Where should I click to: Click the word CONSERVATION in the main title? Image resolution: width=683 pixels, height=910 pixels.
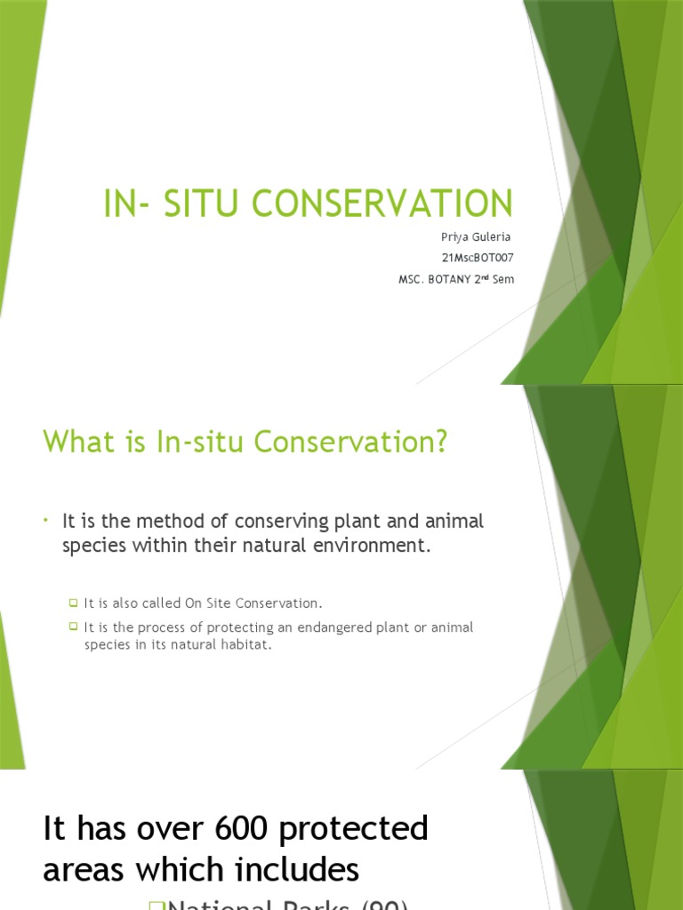pyautogui.click(x=382, y=204)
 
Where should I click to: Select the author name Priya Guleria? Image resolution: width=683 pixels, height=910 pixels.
pyautogui.click(x=477, y=237)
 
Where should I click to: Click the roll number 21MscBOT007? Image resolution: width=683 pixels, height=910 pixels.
pyautogui.click(x=478, y=258)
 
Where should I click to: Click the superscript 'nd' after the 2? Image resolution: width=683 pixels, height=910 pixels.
pyautogui.click(x=486, y=276)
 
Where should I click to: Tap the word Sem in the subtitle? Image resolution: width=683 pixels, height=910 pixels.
pyautogui.click(x=502, y=279)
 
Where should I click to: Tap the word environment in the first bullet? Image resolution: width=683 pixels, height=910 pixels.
pyautogui.click(x=374, y=546)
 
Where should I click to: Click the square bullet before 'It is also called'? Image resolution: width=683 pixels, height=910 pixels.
pyautogui.click(x=75, y=603)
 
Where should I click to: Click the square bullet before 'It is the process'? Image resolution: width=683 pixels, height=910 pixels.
pyautogui.click(x=75, y=627)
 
